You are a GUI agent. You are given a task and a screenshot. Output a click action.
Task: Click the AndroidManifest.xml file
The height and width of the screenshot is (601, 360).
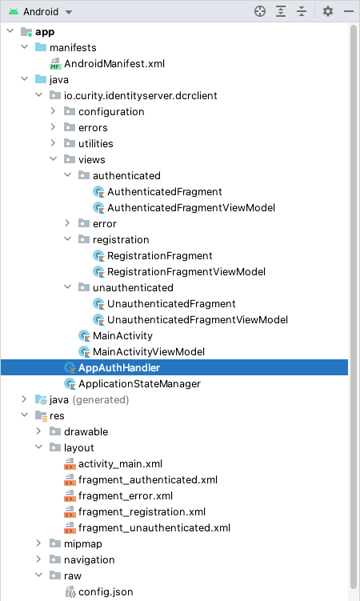pyautogui.click(x=114, y=64)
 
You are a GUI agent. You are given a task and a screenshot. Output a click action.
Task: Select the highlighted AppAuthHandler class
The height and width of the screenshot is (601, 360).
pyautogui.click(x=118, y=367)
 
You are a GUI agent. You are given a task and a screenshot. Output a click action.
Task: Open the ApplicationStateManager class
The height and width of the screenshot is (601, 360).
pyautogui.click(x=139, y=383)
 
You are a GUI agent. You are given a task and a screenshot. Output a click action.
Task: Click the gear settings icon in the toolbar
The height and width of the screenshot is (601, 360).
pyautogui.click(x=328, y=11)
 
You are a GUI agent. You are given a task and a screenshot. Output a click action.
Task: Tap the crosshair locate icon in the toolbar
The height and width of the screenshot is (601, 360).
pyautogui.click(x=260, y=11)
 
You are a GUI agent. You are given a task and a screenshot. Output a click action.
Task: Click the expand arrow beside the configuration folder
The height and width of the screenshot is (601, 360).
pyautogui.click(x=54, y=111)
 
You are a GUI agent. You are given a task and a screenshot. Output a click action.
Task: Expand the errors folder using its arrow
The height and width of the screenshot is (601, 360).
pyautogui.click(x=54, y=127)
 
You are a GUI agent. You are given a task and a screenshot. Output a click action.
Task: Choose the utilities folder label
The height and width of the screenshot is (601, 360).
pyautogui.click(x=96, y=144)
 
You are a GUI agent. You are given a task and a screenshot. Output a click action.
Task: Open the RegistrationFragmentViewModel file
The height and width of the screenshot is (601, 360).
pyautogui.click(x=186, y=272)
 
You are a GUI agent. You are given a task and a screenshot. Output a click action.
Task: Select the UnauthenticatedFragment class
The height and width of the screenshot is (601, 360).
pyautogui.click(x=171, y=304)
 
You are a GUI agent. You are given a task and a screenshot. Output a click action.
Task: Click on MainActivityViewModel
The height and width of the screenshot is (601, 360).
pyautogui.click(x=149, y=352)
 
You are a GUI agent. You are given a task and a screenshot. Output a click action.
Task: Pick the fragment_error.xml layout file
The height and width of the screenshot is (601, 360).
pyautogui.click(x=126, y=496)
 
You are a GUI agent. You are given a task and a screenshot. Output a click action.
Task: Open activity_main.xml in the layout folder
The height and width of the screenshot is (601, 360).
pyautogui.click(x=120, y=464)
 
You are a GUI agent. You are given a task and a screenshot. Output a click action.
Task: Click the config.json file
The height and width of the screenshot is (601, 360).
pyautogui.click(x=106, y=592)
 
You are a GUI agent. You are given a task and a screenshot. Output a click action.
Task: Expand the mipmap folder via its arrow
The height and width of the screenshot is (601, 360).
pyautogui.click(x=38, y=543)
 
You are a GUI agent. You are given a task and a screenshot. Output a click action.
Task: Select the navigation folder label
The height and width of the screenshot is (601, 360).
pyautogui.click(x=90, y=560)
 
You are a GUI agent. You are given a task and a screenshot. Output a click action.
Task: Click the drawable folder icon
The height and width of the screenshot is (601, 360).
pyautogui.click(x=55, y=431)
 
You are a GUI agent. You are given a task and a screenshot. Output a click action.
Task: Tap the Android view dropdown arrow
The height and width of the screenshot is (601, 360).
pyautogui.click(x=69, y=12)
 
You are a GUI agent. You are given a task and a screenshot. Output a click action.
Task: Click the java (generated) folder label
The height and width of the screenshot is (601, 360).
pyautogui.click(x=90, y=400)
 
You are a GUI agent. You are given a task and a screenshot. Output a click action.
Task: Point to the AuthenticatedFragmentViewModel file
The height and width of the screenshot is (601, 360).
pyautogui.click(x=191, y=208)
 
